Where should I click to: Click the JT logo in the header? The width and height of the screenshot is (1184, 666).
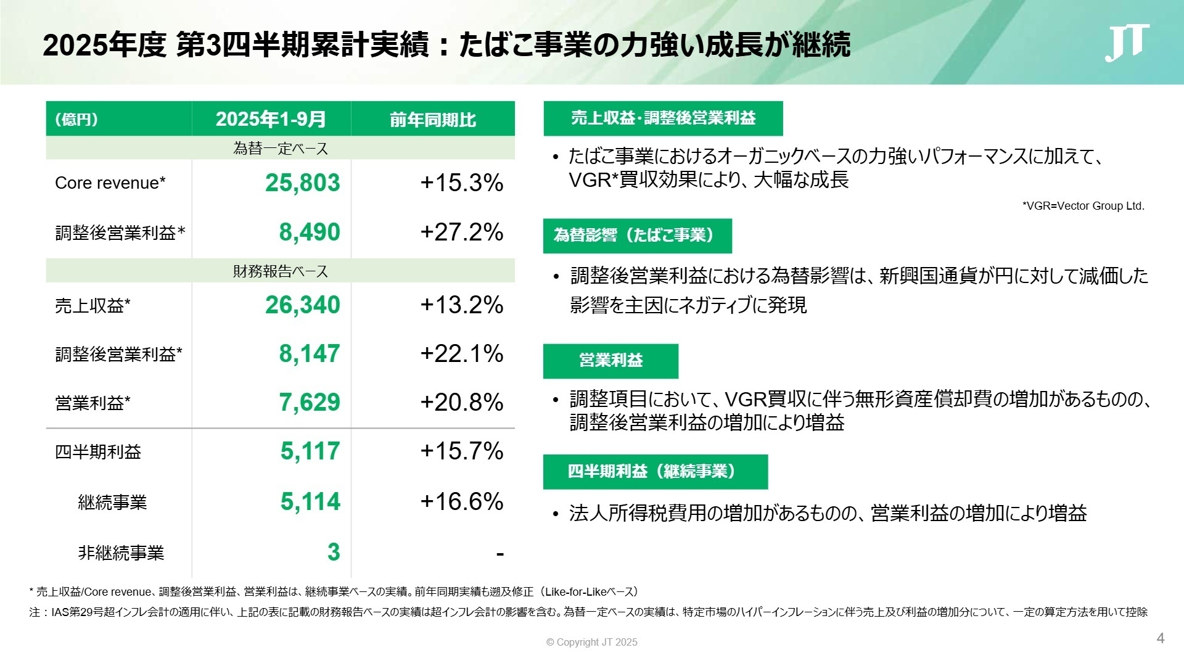click(1126, 43)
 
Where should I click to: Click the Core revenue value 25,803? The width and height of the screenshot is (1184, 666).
click(302, 183)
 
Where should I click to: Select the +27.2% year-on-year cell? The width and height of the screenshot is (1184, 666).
click(461, 232)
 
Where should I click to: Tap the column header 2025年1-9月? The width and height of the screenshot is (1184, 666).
click(271, 119)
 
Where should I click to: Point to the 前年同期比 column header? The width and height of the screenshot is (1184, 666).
click(433, 119)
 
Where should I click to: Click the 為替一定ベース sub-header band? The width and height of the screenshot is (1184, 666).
click(281, 149)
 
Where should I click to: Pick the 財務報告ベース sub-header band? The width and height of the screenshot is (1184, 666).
click(281, 271)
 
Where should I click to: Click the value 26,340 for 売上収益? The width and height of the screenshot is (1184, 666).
click(302, 305)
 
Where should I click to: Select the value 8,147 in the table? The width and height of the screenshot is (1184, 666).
click(309, 353)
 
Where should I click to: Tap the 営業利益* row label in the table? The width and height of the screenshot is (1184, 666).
click(92, 403)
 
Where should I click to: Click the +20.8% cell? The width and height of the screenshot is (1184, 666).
click(461, 402)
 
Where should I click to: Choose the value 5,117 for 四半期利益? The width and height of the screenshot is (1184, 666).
click(310, 451)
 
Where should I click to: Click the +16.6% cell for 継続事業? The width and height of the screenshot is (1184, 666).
click(461, 501)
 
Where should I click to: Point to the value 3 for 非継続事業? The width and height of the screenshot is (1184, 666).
click(333, 552)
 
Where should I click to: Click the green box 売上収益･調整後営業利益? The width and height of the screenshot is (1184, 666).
click(663, 118)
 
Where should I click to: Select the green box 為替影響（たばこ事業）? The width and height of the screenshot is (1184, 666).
click(637, 236)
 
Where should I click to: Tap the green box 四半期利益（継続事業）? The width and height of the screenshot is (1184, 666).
click(655, 472)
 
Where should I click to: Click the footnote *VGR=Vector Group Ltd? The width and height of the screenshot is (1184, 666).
click(1083, 206)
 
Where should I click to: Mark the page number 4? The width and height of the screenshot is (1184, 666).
click(1160, 638)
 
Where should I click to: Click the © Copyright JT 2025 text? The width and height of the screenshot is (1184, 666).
click(591, 642)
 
